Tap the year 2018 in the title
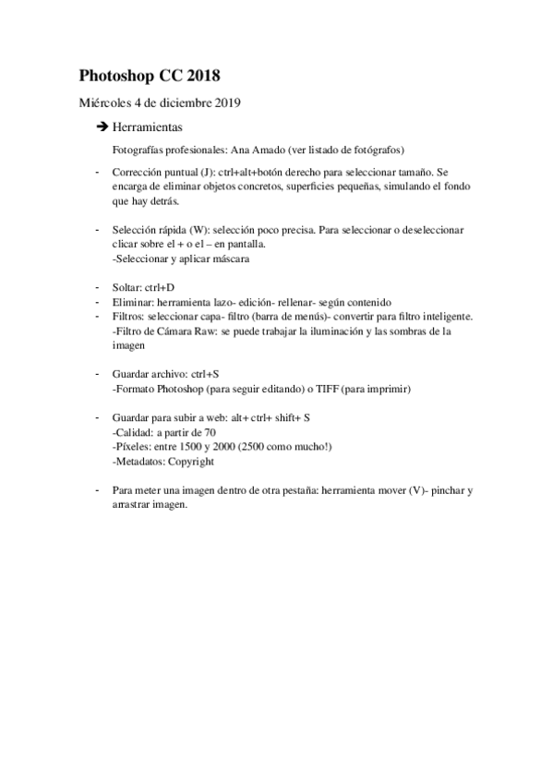click(201, 75)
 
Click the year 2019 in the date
click(226, 102)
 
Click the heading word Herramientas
click(147, 126)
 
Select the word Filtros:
click(128, 316)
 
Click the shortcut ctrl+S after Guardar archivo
click(204, 374)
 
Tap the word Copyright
click(191, 461)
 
